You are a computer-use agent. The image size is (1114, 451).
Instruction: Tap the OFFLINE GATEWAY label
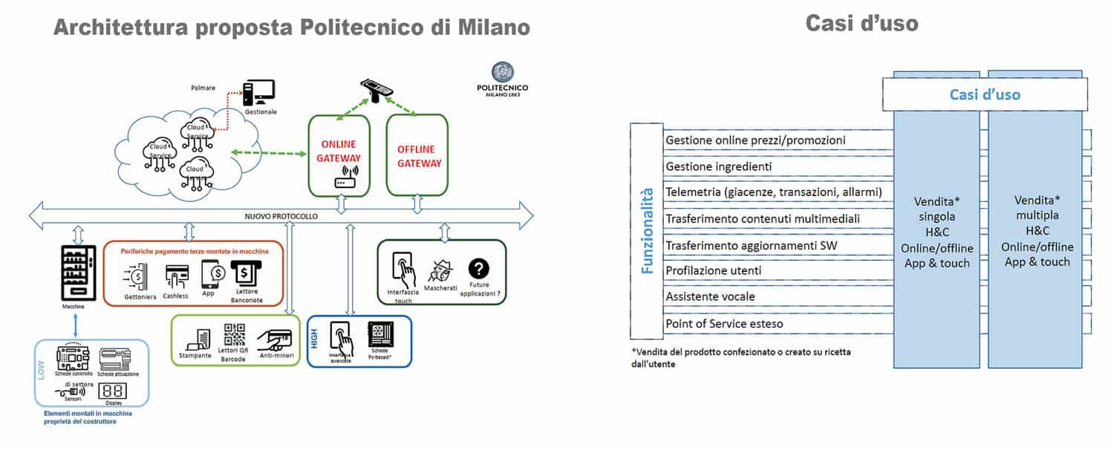[x=418, y=156]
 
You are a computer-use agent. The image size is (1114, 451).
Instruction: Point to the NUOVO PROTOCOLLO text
[x=281, y=216]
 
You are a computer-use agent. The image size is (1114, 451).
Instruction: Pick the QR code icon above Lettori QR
[x=235, y=335]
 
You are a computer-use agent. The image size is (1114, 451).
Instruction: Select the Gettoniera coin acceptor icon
[x=135, y=276]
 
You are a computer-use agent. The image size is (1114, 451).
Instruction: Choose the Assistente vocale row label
[x=710, y=296]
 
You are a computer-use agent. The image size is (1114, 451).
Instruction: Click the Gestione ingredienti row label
[x=719, y=166]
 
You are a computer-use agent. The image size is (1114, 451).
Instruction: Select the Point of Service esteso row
[x=724, y=323]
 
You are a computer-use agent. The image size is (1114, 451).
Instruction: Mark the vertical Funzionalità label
[x=647, y=230]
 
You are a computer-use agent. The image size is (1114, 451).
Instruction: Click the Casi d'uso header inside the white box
[x=985, y=94]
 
